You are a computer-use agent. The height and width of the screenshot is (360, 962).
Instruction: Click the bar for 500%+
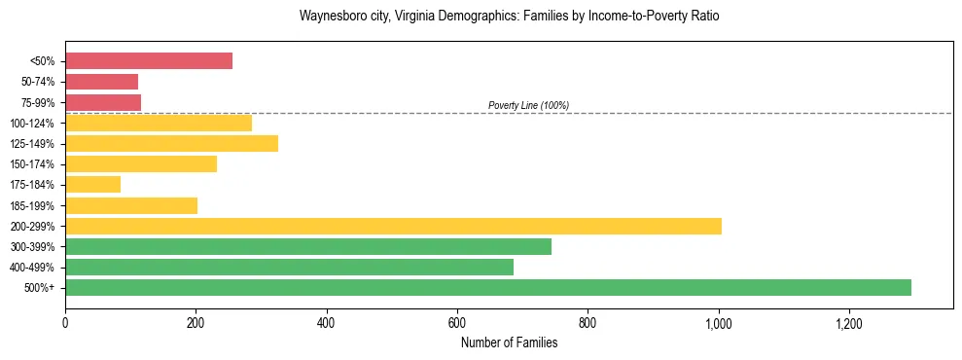click(487, 287)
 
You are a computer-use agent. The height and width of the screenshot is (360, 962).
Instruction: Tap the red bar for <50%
click(149, 61)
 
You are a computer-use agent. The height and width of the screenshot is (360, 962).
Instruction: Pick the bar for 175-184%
click(92, 184)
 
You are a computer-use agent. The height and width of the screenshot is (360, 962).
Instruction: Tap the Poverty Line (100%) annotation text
click(528, 105)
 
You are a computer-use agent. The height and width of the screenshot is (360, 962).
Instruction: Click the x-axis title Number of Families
click(509, 342)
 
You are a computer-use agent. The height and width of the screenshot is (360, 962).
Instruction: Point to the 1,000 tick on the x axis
click(718, 322)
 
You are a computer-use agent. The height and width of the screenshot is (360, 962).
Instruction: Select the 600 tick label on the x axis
click(457, 322)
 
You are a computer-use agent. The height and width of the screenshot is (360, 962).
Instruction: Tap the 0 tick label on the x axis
click(65, 322)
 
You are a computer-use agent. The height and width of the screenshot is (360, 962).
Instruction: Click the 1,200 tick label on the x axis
click(848, 322)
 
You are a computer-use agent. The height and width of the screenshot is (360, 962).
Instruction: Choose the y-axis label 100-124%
click(33, 124)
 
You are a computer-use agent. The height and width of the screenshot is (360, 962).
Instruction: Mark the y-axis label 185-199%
click(33, 205)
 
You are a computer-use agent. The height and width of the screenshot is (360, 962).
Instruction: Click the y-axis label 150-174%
click(33, 164)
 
